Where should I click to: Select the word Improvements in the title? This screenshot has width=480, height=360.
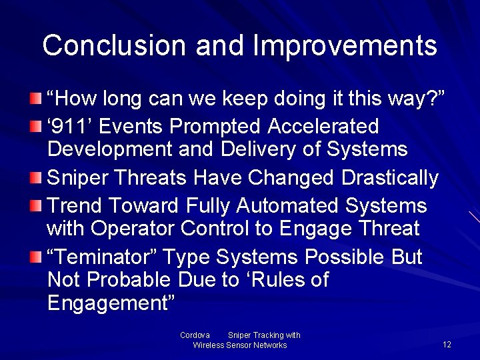[x=345, y=45]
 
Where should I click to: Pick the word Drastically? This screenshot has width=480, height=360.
[x=390, y=178]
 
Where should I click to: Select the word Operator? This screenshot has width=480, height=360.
[x=133, y=229]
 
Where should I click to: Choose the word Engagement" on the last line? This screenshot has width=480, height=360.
[x=111, y=303]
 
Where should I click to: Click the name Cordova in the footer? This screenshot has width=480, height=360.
[x=195, y=335]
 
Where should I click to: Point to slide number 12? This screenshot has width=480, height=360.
[x=447, y=345]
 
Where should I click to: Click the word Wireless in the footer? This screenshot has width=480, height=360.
[x=209, y=345]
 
